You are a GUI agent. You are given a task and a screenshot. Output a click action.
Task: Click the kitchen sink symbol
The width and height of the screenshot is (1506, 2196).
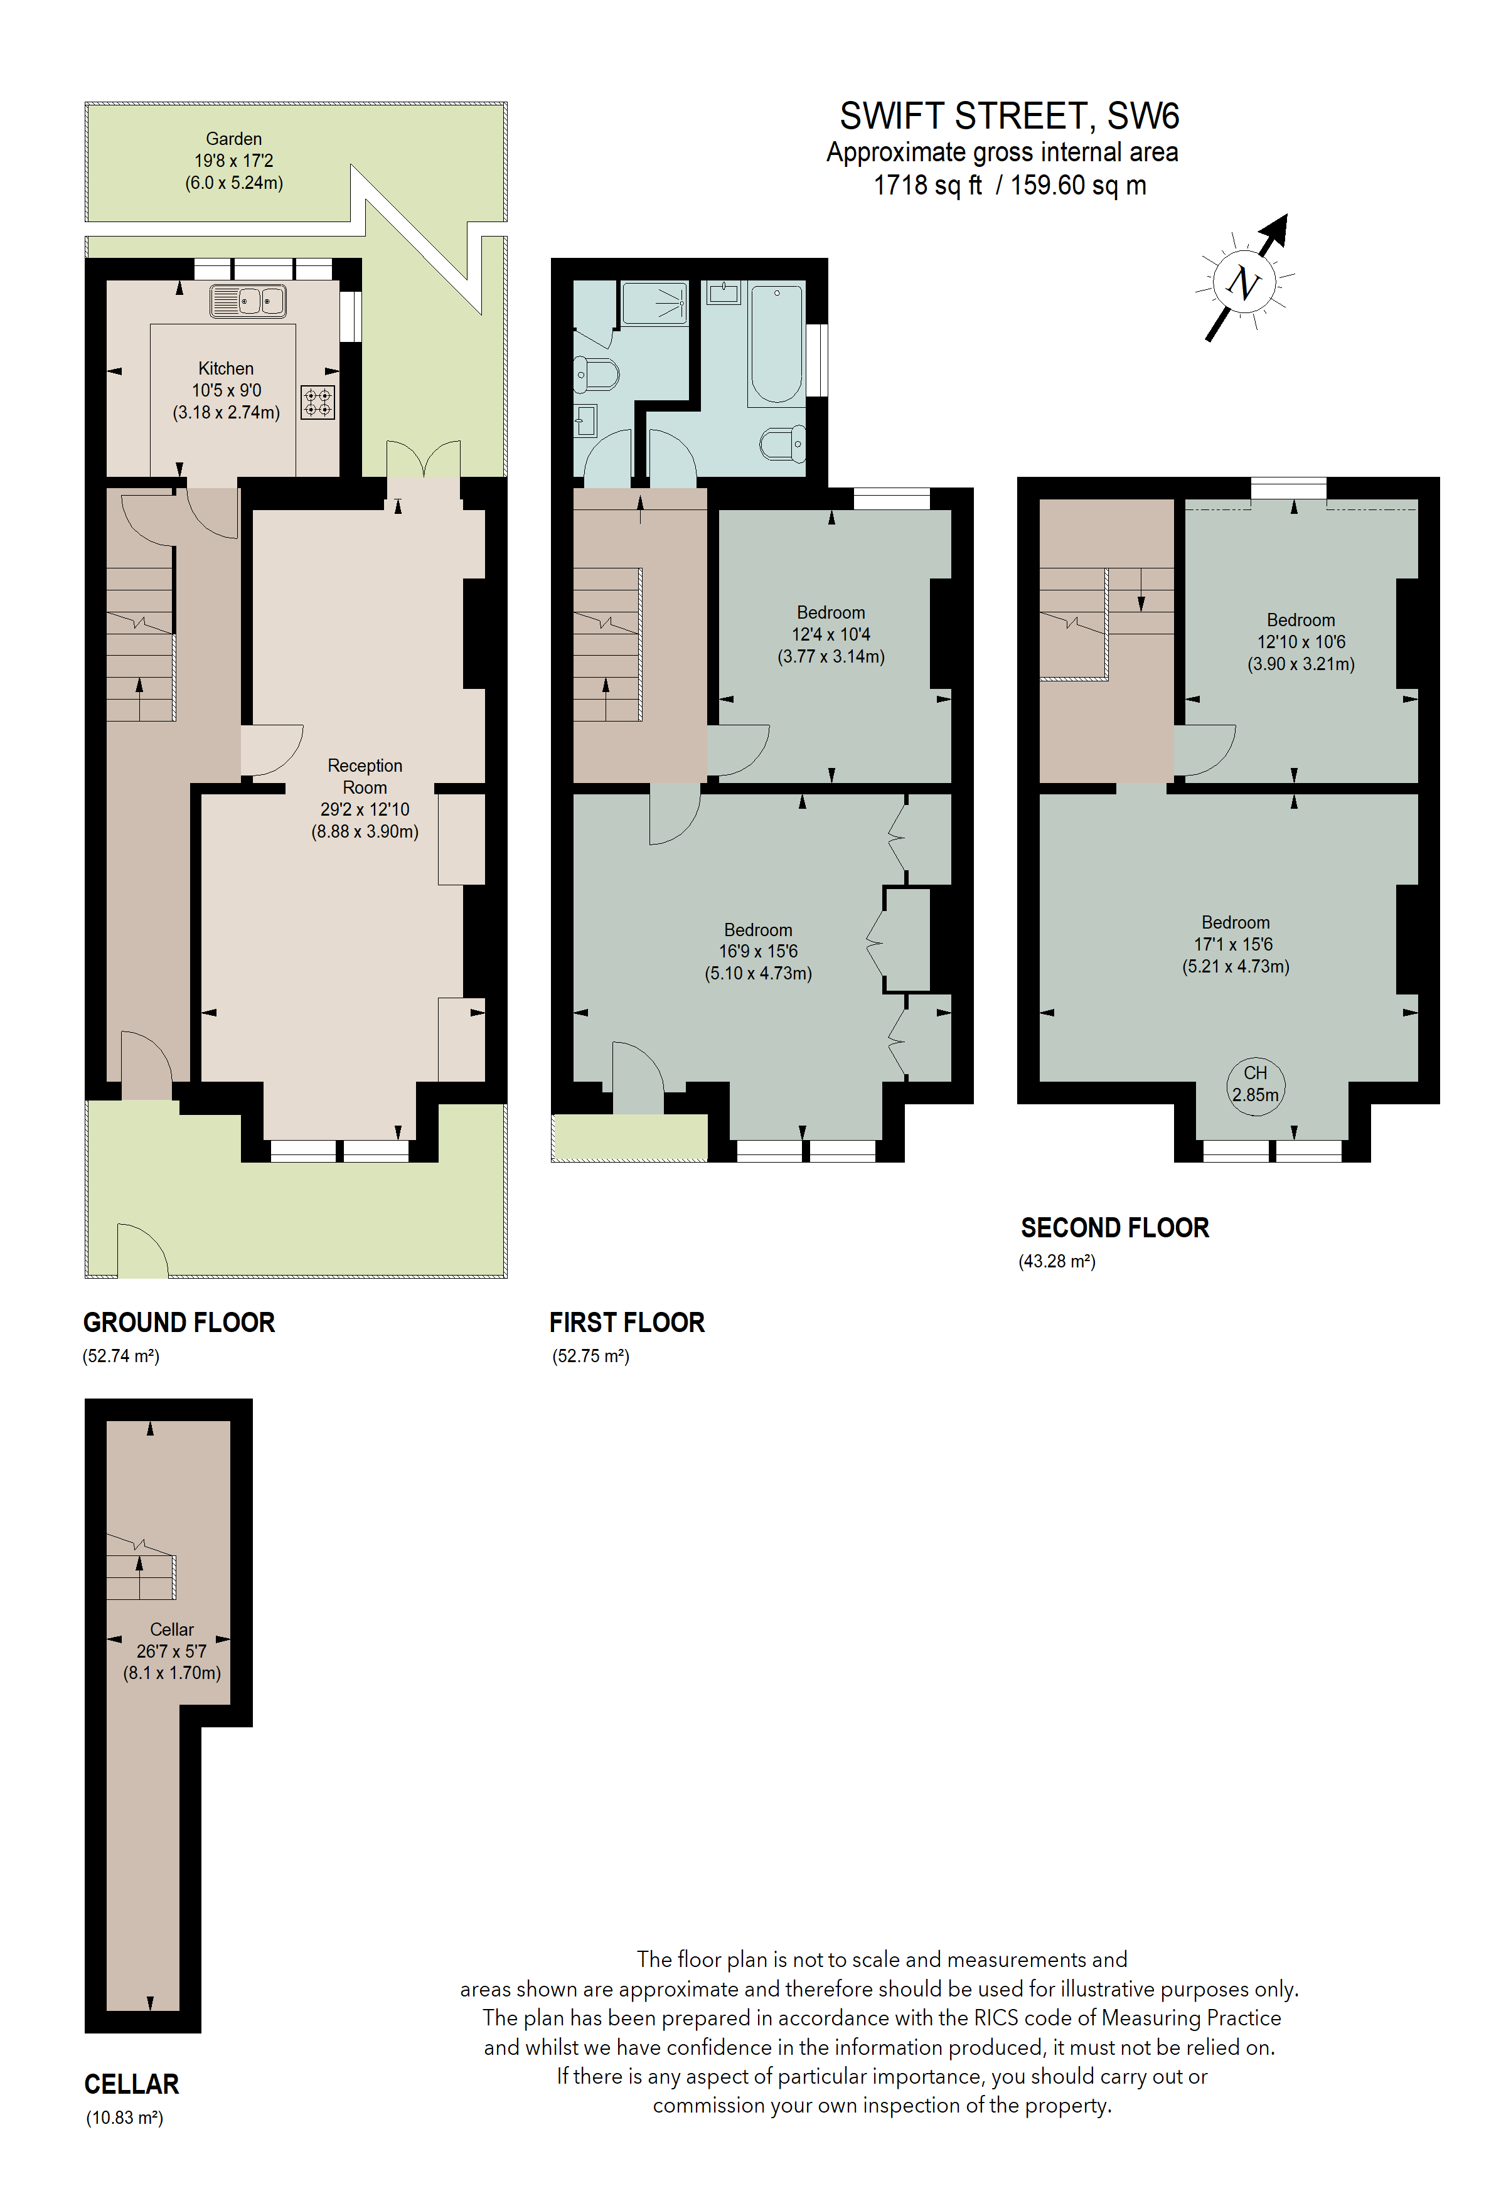[x=247, y=301]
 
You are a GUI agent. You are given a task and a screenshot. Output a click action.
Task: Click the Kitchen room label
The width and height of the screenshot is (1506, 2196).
[x=226, y=368]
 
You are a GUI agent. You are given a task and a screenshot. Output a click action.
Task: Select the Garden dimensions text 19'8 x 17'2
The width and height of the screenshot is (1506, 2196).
[x=233, y=161]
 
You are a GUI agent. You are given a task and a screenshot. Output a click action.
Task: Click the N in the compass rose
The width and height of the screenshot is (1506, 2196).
[x=1243, y=282]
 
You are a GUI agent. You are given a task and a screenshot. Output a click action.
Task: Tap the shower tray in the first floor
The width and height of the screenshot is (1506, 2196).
[x=654, y=302]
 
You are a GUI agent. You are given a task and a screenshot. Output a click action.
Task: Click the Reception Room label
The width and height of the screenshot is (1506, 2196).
[x=365, y=776]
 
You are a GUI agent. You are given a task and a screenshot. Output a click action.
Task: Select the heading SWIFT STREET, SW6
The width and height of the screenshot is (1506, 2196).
[x=1008, y=116]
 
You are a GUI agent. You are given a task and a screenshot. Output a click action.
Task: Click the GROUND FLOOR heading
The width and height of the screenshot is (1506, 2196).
[x=179, y=1322]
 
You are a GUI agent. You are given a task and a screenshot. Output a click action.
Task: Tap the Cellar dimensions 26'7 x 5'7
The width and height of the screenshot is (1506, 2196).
[x=171, y=1651]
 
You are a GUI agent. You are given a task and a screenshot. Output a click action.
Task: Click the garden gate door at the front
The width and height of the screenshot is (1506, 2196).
[x=142, y=1251]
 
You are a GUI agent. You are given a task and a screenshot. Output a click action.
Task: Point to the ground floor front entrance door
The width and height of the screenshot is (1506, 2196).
[x=146, y=1068]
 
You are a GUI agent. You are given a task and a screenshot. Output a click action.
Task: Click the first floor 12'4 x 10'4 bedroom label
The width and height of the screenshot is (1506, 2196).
[x=830, y=624]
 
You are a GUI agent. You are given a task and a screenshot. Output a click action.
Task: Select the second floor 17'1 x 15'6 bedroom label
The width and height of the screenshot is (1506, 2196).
[x=1235, y=932]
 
